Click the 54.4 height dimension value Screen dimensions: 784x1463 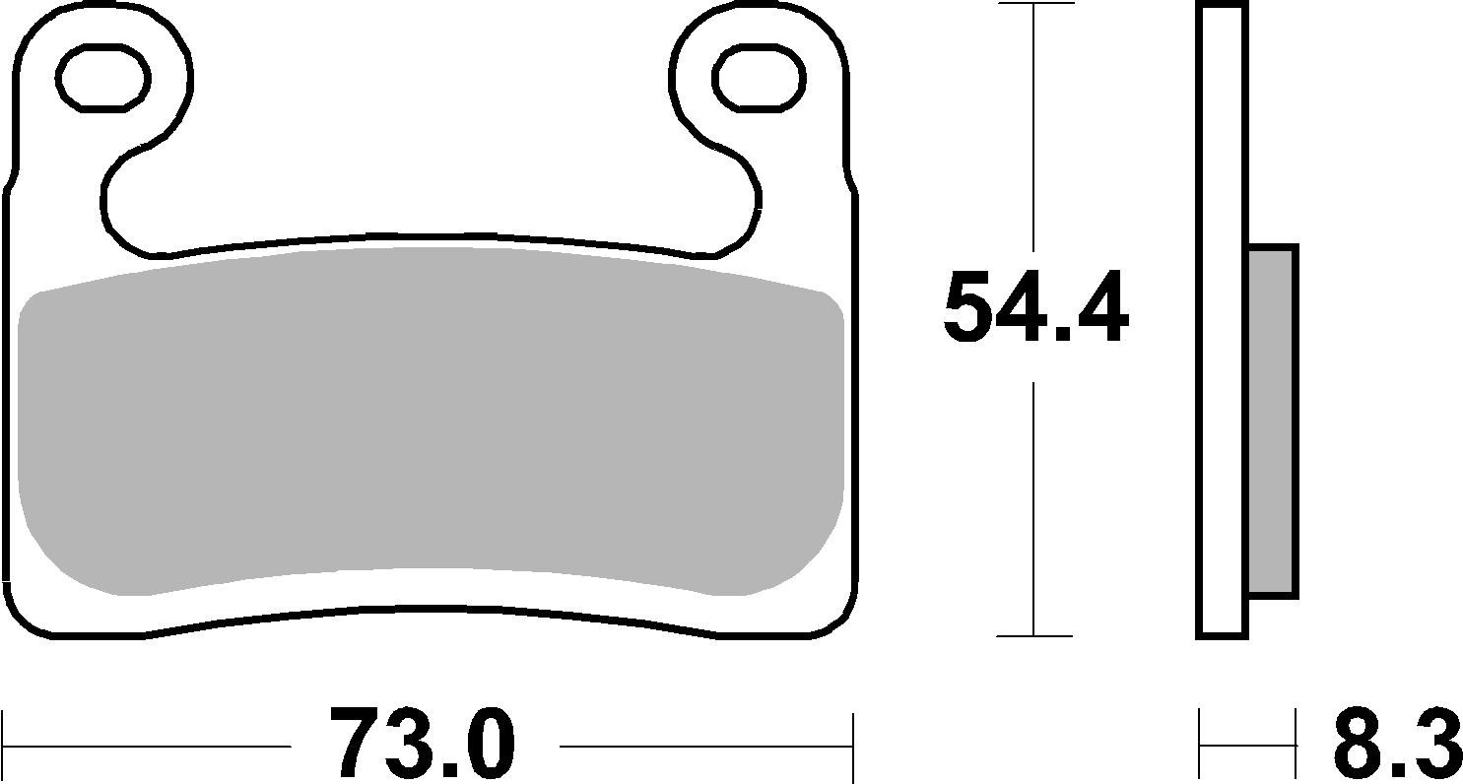pyautogui.click(x=1035, y=307)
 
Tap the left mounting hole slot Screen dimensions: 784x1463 pyautogui.click(x=104, y=76)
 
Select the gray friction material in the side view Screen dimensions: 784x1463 pyautogui.click(x=1272, y=421)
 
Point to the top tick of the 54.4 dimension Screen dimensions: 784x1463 pyautogui.click(x=1034, y=4)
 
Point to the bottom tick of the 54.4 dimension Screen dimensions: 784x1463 pyautogui.click(x=1034, y=636)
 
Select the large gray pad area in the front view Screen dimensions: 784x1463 pyautogui.click(x=431, y=419)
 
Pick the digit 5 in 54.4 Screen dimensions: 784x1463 pyautogui.click(x=976, y=307)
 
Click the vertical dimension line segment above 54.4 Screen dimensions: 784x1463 pyautogui.click(x=1034, y=128)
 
